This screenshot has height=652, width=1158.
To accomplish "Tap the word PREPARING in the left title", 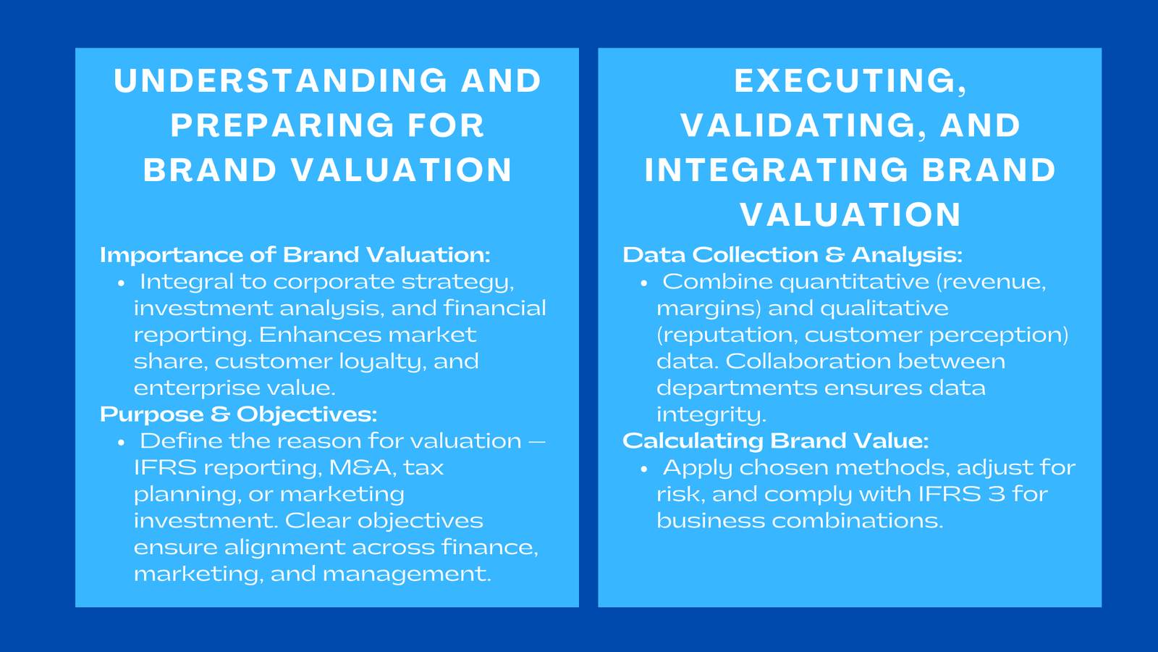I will pyautogui.click(x=282, y=126).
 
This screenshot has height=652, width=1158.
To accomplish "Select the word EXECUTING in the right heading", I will pyautogui.click(x=844, y=81).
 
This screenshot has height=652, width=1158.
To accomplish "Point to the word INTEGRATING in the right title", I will pyautogui.click(x=776, y=171).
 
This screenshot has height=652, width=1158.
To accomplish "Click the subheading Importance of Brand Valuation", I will pyautogui.click(x=295, y=255).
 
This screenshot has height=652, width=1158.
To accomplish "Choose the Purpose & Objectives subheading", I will pyautogui.click(x=238, y=414).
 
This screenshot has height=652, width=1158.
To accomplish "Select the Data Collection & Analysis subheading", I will pyautogui.click(x=792, y=255).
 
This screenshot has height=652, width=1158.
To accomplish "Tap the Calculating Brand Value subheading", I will pyautogui.click(x=775, y=440).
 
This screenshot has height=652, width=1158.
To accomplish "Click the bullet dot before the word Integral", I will pyautogui.click(x=121, y=283).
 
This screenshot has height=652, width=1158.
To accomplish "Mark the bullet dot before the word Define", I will pyautogui.click(x=121, y=443).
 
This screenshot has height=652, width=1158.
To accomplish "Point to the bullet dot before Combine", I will pyautogui.click(x=643, y=283).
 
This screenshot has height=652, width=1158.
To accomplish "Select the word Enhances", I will pyautogui.click(x=311, y=335).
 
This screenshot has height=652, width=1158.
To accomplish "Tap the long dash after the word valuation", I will pyautogui.click(x=537, y=441).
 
